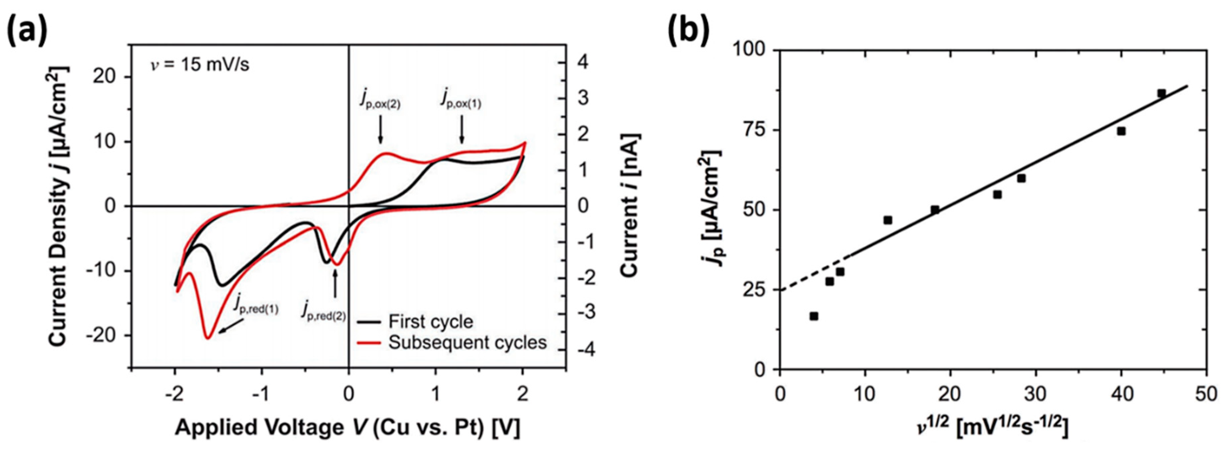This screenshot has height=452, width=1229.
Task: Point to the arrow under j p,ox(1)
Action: pos(462,128)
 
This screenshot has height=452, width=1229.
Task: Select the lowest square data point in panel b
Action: pos(814,316)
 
